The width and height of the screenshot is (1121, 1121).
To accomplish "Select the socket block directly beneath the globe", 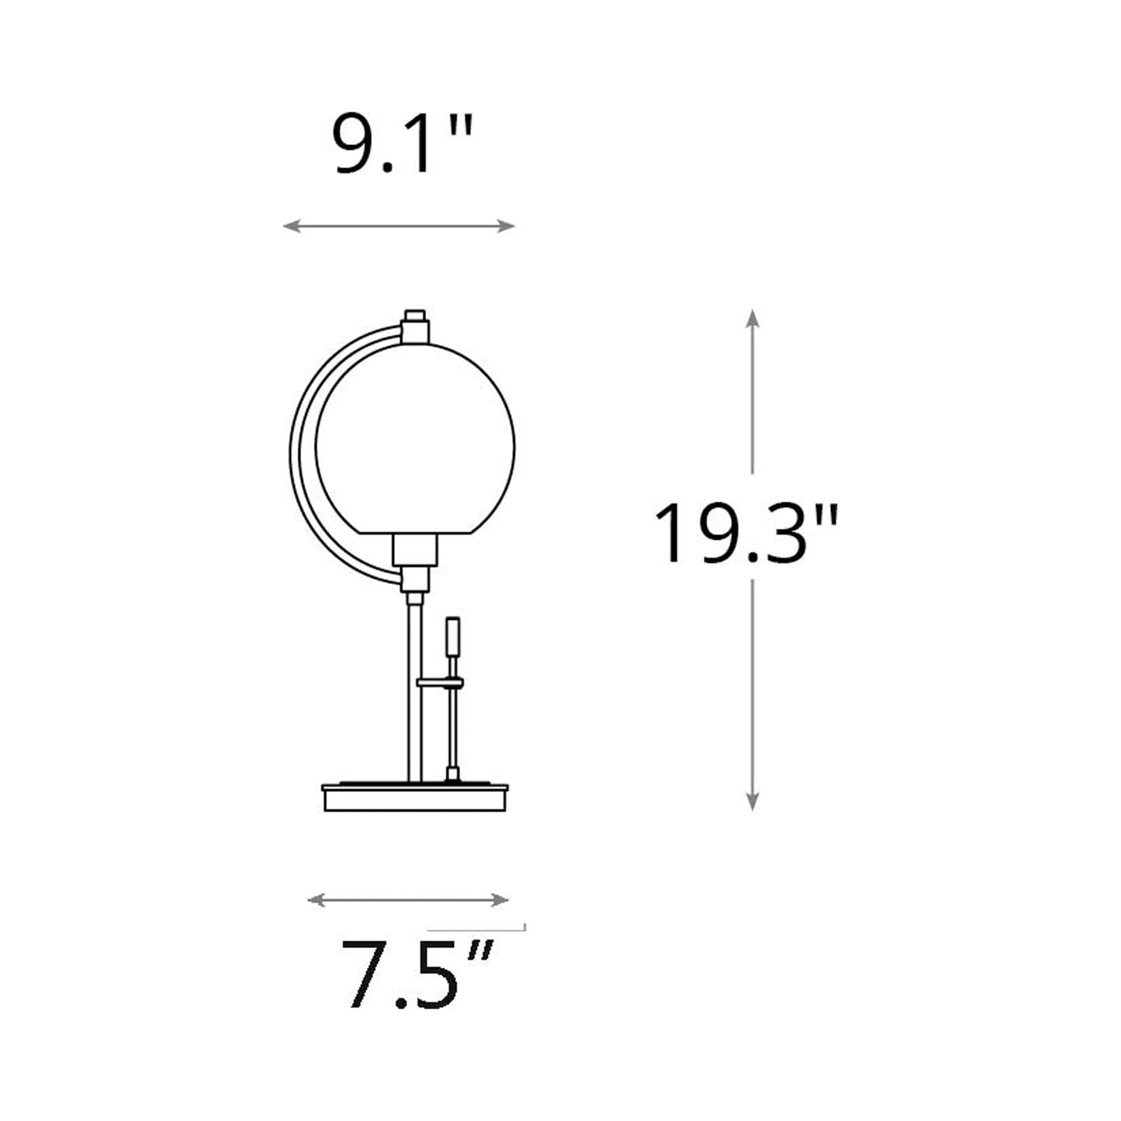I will click(x=415, y=550).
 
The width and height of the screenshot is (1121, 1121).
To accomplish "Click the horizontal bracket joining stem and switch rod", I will click(x=440, y=683).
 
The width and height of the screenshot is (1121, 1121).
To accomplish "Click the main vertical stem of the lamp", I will click(x=413, y=690).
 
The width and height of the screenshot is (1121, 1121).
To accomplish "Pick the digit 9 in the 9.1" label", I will click(x=354, y=145).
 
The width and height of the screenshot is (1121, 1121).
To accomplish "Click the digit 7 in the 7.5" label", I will click(x=366, y=975).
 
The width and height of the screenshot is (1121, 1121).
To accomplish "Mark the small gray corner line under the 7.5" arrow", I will click(x=477, y=928).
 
